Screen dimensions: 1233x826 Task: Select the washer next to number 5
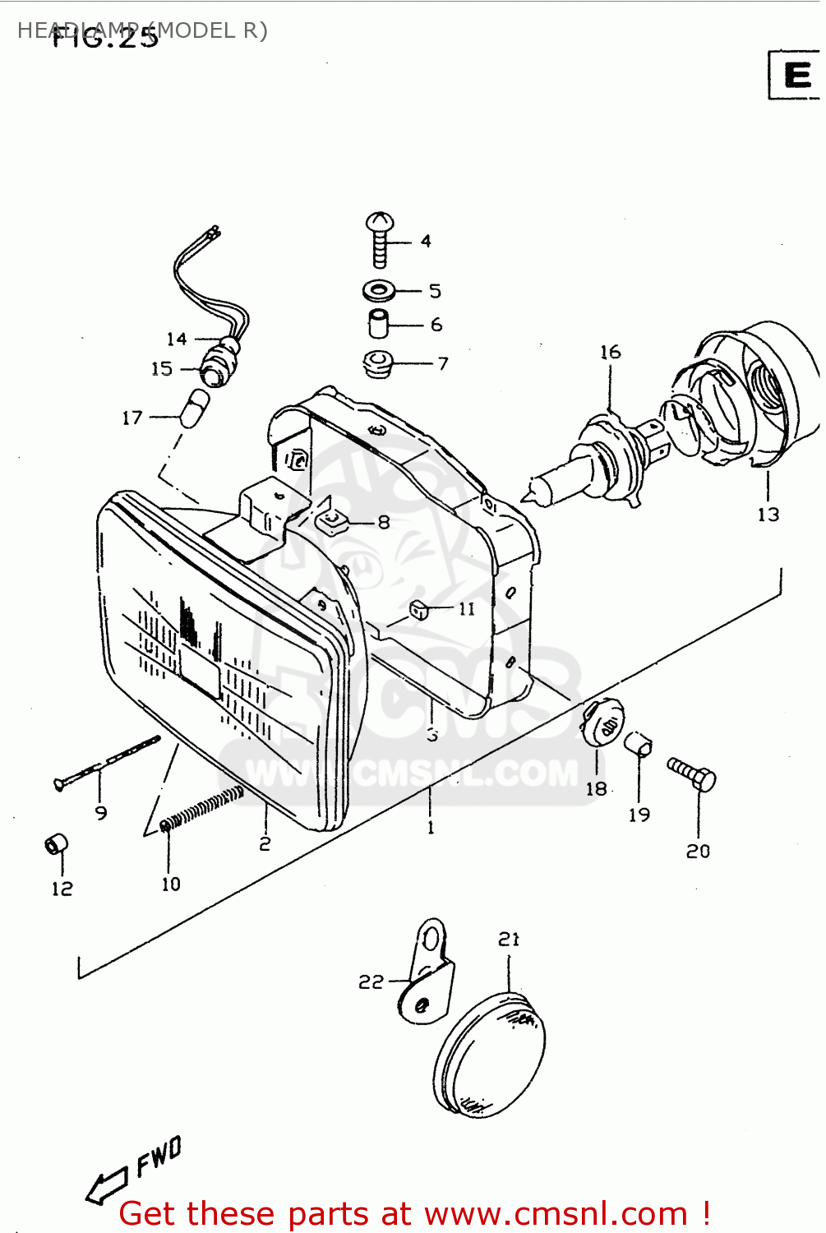click(379, 290)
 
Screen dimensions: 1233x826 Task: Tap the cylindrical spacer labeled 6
click(378, 324)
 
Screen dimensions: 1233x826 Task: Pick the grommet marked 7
click(378, 363)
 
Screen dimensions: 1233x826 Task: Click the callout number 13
click(768, 515)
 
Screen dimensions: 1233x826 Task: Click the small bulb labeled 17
click(195, 409)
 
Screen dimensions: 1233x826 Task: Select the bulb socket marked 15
click(216, 367)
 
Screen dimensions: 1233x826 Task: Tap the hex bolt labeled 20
click(692, 774)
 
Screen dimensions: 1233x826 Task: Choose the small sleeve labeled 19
click(638, 743)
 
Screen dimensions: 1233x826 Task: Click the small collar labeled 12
click(56, 844)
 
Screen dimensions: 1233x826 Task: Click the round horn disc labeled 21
click(489, 1056)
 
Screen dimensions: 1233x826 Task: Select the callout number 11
click(466, 609)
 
